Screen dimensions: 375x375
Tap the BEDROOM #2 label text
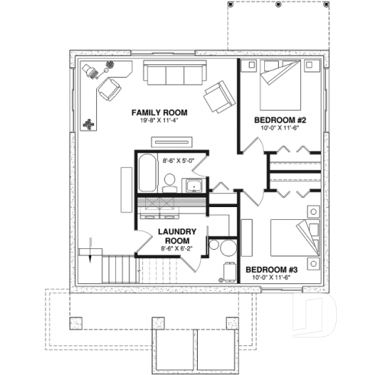click(280, 120)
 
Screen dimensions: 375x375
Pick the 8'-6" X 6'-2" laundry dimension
click(178, 248)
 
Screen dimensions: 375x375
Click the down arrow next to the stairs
click(92, 250)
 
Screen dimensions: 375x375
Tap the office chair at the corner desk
click(91, 70)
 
